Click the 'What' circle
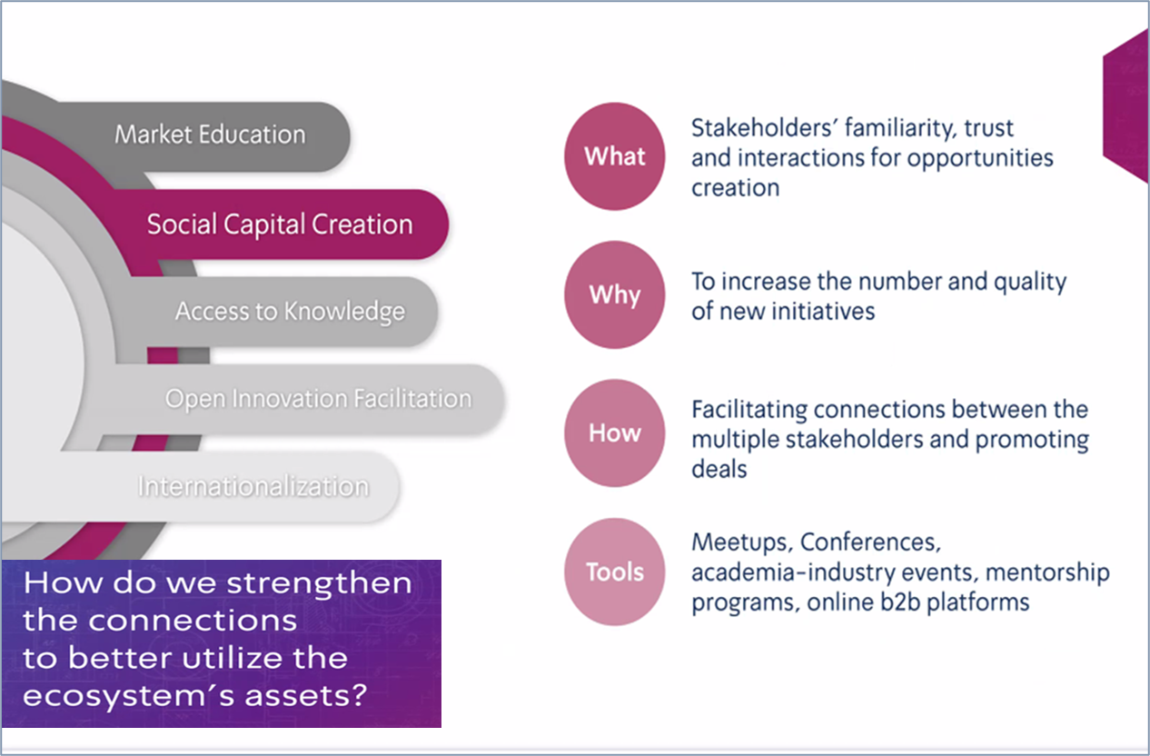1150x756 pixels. click(x=615, y=156)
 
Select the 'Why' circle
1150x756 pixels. click(x=615, y=294)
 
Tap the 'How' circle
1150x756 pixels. click(x=615, y=433)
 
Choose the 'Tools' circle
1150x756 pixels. click(x=615, y=572)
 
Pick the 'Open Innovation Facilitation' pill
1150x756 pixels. click(x=308, y=399)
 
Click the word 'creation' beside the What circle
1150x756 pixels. click(x=735, y=188)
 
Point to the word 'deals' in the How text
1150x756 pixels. click(x=719, y=469)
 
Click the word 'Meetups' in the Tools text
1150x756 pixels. click(x=739, y=542)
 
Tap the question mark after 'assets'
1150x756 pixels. click(x=359, y=695)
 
